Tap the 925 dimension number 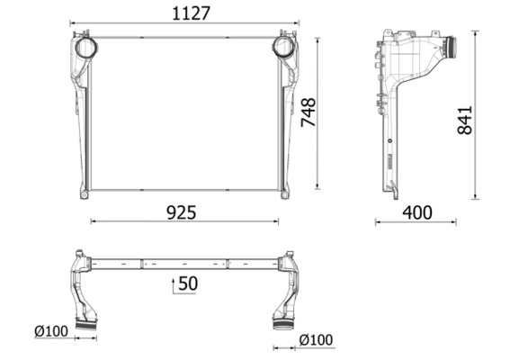180,212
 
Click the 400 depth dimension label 416,212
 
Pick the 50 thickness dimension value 188,283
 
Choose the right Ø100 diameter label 316,339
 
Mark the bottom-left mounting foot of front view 83,193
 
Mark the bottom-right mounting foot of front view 286,193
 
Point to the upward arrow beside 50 174,285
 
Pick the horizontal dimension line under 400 416,222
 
